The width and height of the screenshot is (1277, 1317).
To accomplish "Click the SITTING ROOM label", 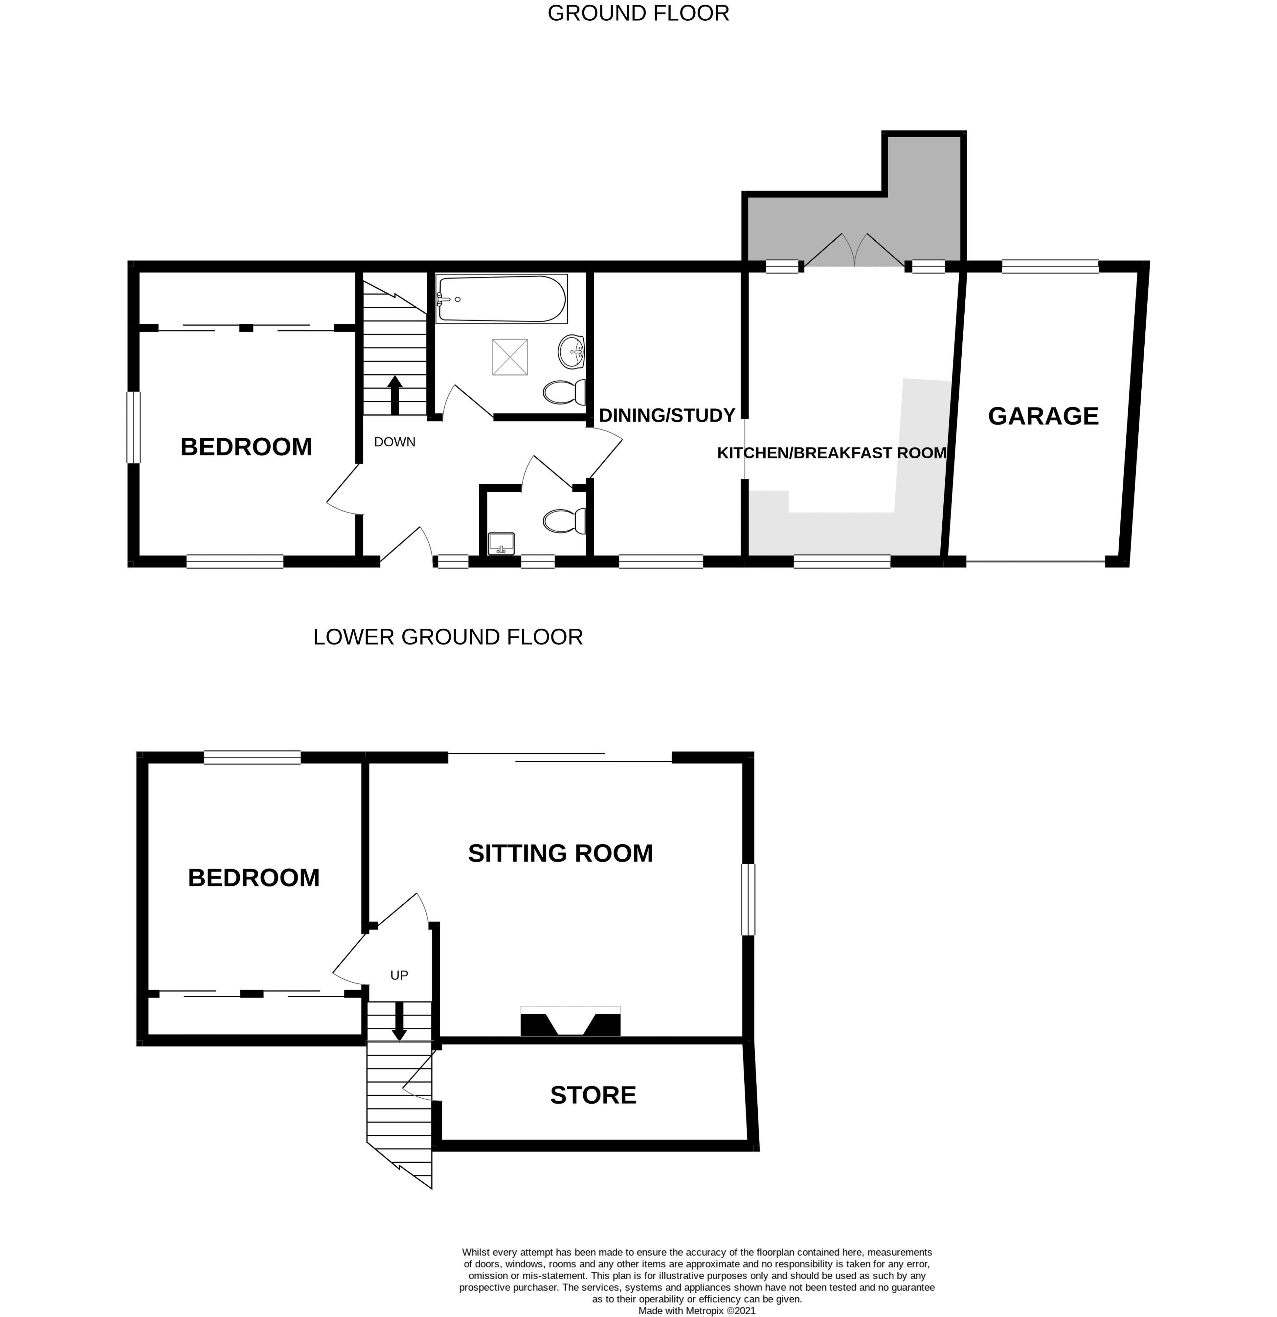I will (560, 853).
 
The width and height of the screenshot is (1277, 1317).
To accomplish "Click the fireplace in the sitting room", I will (570, 1021).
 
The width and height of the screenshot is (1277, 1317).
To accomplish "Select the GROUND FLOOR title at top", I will (638, 13).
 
